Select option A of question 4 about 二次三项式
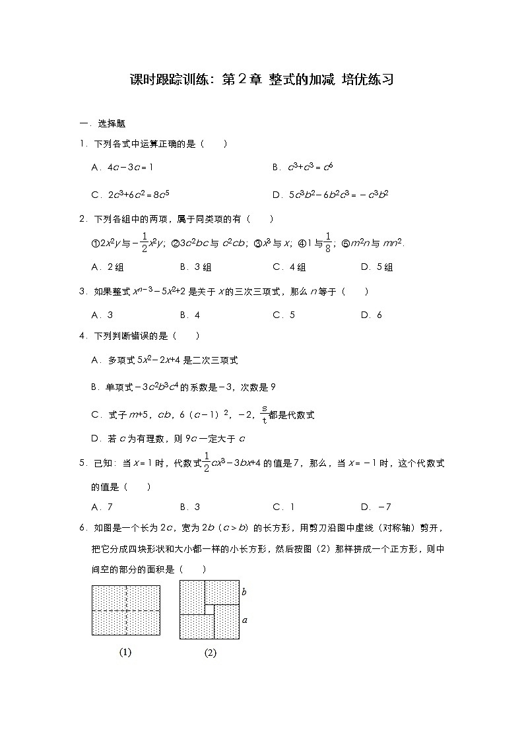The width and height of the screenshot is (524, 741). pyautogui.click(x=164, y=360)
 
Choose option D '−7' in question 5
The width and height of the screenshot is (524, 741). pyautogui.click(x=376, y=507)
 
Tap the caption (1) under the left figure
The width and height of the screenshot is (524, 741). pyautogui.click(x=125, y=652)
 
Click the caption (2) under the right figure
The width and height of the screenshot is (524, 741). pyautogui.click(x=210, y=653)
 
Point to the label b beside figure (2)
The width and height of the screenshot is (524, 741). pyautogui.click(x=244, y=592)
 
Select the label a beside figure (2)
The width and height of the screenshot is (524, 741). pyautogui.click(x=245, y=620)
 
